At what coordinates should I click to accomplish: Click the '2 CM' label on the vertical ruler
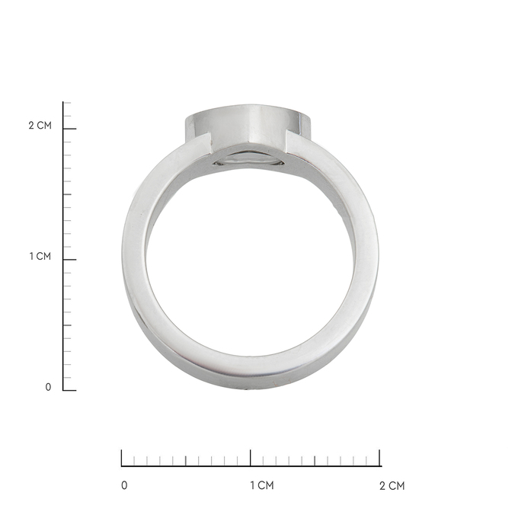point(40,125)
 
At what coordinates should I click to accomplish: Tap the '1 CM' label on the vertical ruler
point(40,256)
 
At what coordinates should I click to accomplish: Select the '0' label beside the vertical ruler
point(48,387)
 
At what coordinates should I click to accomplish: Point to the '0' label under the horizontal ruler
point(125,485)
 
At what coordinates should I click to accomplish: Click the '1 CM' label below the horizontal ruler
point(261,485)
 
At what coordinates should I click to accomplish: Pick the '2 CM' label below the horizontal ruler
point(392,485)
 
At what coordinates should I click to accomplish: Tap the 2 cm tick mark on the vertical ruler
point(69,129)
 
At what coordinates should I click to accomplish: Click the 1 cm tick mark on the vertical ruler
point(69,260)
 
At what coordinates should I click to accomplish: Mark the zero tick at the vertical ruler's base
point(69,390)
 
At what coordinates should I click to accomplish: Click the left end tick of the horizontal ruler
point(122,458)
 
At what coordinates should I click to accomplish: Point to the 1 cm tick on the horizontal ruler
point(251,458)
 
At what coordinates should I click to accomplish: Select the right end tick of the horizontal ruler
point(380,458)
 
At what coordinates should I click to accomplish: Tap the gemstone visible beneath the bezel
point(249,160)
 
